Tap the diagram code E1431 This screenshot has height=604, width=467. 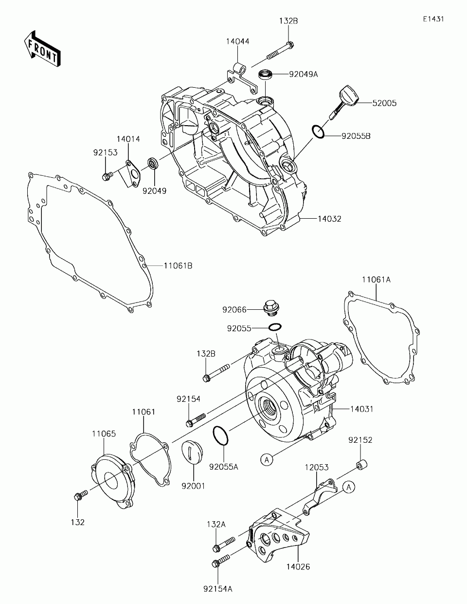tap(433, 19)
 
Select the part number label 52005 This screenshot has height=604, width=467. tap(384, 103)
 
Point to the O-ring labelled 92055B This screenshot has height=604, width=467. tap(318, 132)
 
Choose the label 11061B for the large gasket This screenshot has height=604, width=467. tap(178, 265)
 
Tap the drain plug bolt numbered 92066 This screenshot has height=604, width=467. tap(269, 308)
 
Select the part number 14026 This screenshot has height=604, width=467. tap(298, 566)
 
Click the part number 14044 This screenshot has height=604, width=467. tap(237, 42)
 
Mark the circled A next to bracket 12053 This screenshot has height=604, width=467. tap(349, 486)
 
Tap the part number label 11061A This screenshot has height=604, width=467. tap(376, 280)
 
